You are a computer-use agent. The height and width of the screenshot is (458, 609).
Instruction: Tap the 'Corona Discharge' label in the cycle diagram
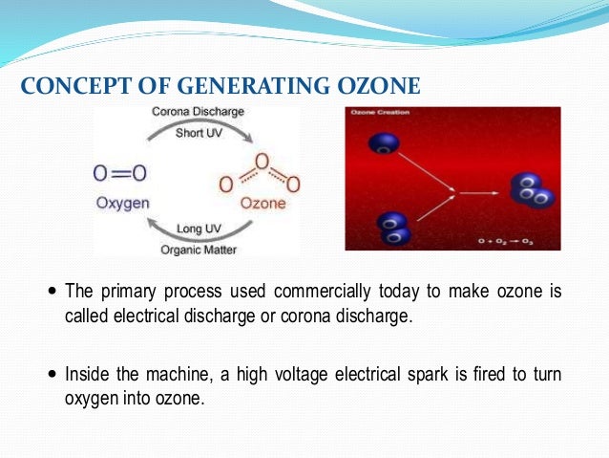(x=199, y=113)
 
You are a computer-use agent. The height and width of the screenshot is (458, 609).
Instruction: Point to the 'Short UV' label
(x=199, y=132)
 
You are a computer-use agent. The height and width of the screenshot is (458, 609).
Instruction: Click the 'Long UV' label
(x=199, y=229)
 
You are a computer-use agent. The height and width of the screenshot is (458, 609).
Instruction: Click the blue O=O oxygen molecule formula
(x=120, y=173)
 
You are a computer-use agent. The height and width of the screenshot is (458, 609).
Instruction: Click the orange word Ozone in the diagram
(x=261, y=203)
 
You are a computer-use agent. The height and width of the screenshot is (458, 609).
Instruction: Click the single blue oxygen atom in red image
(x=386, y=144)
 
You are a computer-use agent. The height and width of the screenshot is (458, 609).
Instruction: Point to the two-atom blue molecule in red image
(x=391, y=228)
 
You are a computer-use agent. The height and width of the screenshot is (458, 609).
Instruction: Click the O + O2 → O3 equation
(x=506, y=242)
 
